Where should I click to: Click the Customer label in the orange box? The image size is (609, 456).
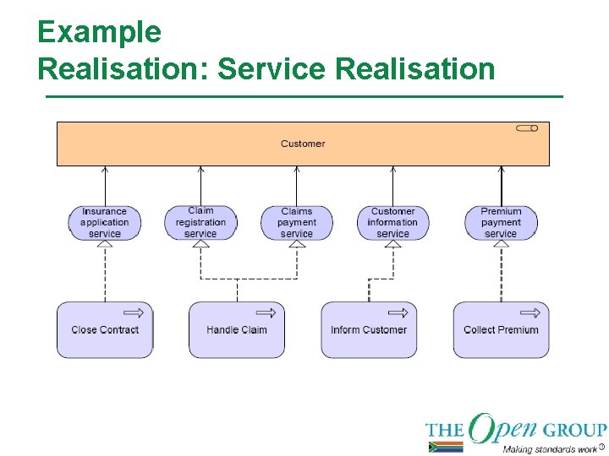click(303, 144)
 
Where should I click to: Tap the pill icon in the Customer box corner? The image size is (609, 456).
click(528, 128)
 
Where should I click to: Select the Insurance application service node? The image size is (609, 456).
click(105, 222)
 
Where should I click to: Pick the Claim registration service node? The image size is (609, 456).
click(200, 222)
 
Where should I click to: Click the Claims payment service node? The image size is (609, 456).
click(296, 222)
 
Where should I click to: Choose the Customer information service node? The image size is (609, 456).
click(392, 222)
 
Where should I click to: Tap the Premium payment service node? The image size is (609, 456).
click(501, 222)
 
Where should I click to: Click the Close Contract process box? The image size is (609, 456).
click(105, 330)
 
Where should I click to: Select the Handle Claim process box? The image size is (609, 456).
click(237, 330)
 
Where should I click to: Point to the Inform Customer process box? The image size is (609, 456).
click(369, 330)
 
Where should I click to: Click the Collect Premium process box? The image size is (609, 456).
click(501, 330)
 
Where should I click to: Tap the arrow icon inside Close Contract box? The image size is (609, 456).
click(134, 312)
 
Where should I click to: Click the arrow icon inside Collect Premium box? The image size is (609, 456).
click(530, 312)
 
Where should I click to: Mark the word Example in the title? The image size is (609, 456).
click(99, 32)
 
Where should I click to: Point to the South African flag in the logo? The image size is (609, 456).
click(446, 447)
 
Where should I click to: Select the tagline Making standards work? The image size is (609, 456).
click(550, 448)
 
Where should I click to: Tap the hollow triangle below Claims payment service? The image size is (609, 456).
click(296, 244)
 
